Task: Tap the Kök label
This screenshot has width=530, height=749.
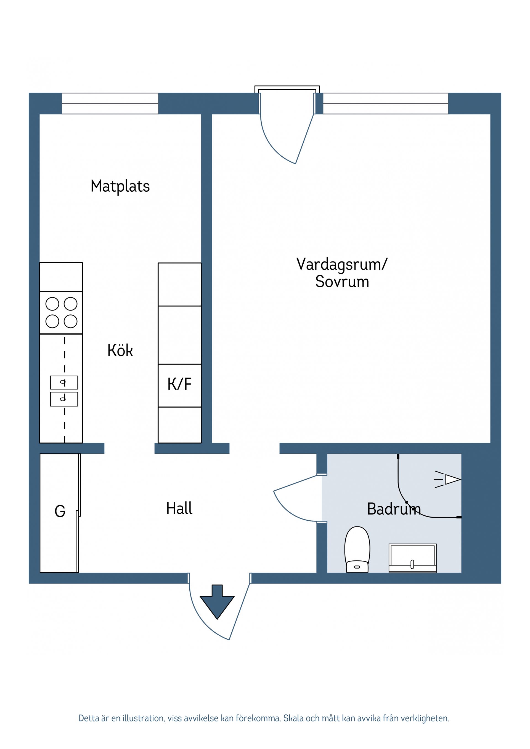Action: point(120,351)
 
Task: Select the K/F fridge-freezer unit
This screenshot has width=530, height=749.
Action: point(179,385)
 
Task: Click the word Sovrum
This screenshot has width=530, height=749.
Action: point(342,282)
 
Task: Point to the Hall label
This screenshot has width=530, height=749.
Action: point(179,509)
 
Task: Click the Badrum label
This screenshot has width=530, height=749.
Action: point(394,509)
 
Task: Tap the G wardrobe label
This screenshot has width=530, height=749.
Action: point(60,511)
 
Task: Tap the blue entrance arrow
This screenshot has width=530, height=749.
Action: point(217,602)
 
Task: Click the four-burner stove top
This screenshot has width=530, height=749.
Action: point(61,312)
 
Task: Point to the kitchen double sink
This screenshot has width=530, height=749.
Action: point(64,391)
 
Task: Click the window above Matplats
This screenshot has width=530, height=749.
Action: point(110,103)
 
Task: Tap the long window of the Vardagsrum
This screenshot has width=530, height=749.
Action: point(385,103)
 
